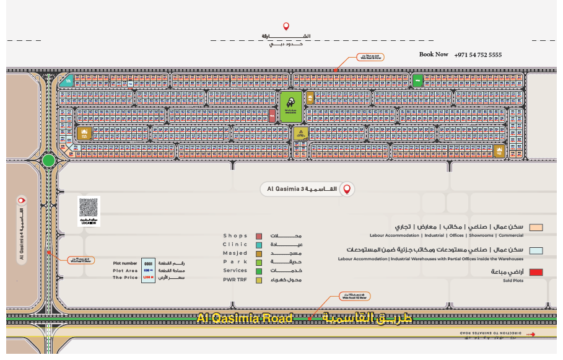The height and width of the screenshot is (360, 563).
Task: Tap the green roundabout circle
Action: [48, 160]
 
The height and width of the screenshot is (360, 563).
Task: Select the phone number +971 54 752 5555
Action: [478, 55]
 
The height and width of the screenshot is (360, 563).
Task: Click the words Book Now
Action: [434, 55]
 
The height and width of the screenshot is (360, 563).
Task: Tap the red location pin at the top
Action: [286, 26]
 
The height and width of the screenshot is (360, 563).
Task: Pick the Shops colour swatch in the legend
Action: [258, 236]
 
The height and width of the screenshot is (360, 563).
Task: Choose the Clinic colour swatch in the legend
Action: [258, 245]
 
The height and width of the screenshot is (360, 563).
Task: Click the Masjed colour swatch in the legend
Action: [258, 253]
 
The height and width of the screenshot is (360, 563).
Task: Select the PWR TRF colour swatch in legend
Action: [258, 280]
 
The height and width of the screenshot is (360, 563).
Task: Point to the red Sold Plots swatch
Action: [537, 272]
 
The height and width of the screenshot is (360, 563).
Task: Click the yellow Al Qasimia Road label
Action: [244, 318]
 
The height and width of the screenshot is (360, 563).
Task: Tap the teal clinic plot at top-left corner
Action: [70, 81]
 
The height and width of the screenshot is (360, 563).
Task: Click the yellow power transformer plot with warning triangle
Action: [300, 133]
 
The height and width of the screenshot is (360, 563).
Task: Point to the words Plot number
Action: [125, 263]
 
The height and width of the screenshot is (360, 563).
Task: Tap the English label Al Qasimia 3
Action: [285, 189]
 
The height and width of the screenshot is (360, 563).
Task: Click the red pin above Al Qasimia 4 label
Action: [22, 200]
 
